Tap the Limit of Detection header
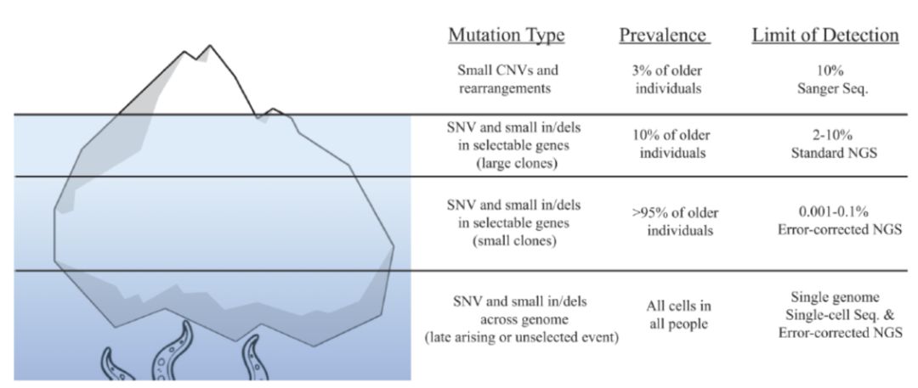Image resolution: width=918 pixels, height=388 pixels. click(x=824, y=36)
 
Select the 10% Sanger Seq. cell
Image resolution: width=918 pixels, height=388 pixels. click(x=824, y=78)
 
